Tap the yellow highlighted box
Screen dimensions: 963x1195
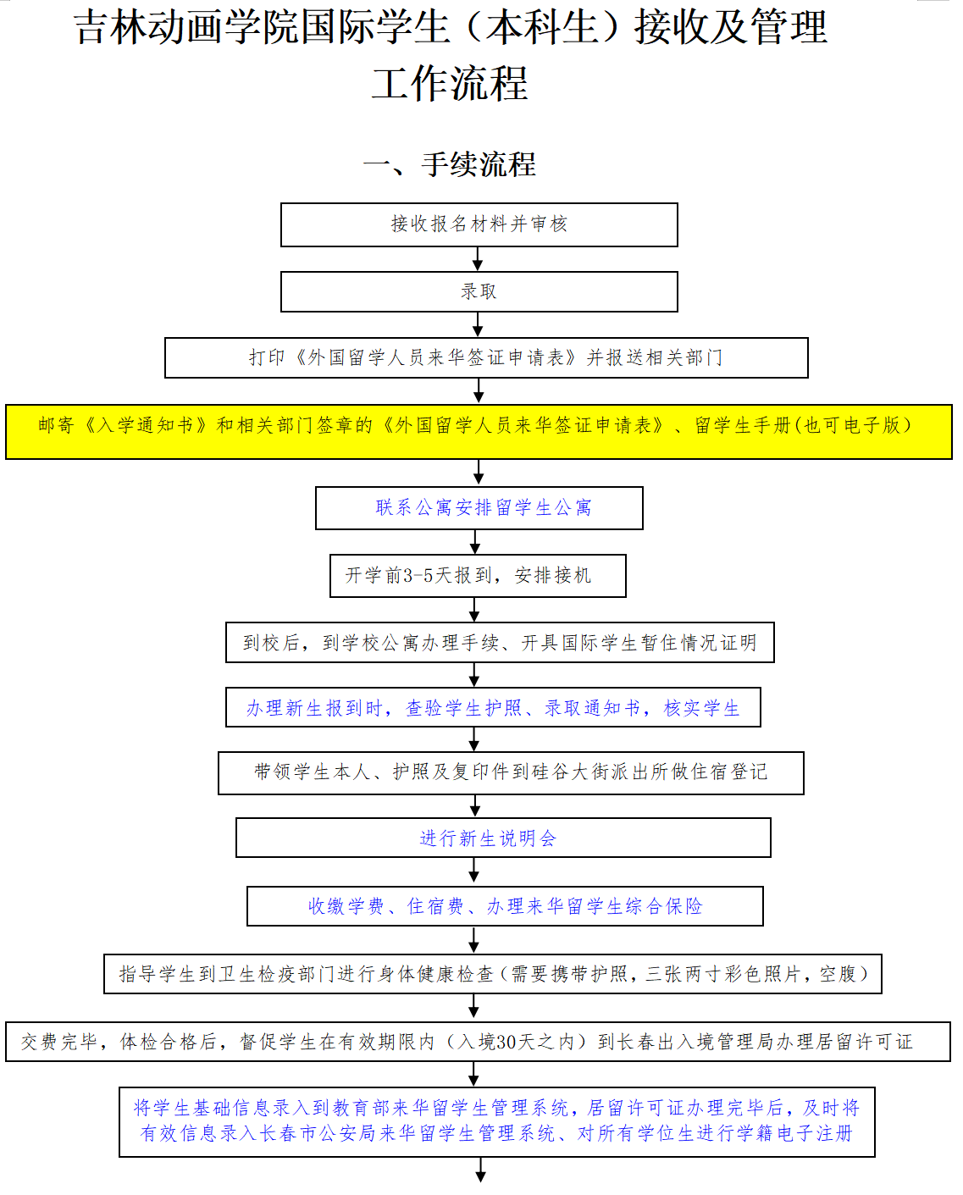click(x=479, y=431)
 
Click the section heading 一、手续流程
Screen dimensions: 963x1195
click(x=450, y=164)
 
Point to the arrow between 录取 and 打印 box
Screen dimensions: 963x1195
click(x=479, y=324)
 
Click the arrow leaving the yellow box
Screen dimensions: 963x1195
click(x=479, y=473)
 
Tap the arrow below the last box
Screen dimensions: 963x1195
click(x=481, y=1170)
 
